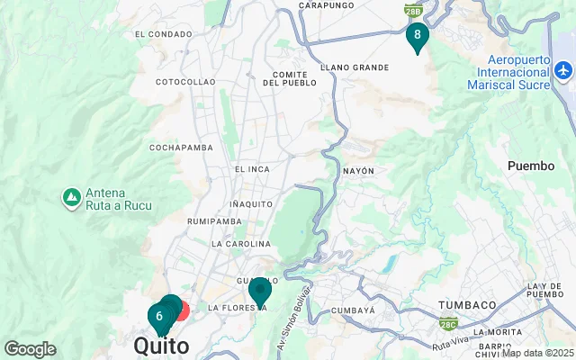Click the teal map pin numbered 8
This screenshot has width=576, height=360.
(x=417, y=35)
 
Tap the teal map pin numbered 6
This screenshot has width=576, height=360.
(x=159, y=317)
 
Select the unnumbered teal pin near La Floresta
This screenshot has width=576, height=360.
(x=260, y=291)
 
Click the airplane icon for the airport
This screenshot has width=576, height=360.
(x=563, y=69)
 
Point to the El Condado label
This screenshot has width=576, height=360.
(x=163, y=34)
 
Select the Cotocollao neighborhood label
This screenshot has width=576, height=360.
(x=185, y=82)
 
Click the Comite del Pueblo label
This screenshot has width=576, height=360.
(x=290, y=78)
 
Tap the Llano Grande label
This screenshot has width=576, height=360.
(x=360, y=67)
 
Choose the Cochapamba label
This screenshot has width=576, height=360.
(x=180, y=147)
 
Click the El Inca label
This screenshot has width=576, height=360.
(x=252, y=169)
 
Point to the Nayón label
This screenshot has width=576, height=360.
(x=358, y=170)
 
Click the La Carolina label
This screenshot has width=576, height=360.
(x=240, y=244)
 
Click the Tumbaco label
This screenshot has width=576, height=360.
(x=467, y=305)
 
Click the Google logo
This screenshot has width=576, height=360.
(x=30, y=349)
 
